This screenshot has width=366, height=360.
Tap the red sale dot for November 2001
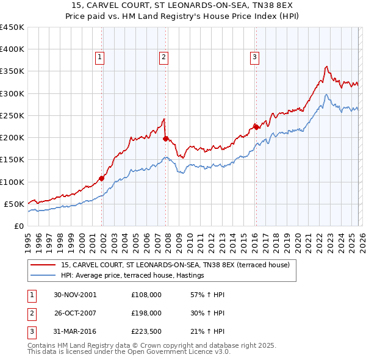tap(102, 178)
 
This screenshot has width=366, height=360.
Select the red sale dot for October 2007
tap(166, 139)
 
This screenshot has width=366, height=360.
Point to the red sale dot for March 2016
tap(257, 127)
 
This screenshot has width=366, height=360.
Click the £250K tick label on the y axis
tap(12, 115)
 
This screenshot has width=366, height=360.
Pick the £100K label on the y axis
tap(12, 182)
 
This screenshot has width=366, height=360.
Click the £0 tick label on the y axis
tap(18, 226)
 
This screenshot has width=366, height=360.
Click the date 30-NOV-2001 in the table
tap(75, 295)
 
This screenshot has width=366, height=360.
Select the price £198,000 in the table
tap(146, 313)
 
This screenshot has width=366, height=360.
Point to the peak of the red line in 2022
tap(327, 67)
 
